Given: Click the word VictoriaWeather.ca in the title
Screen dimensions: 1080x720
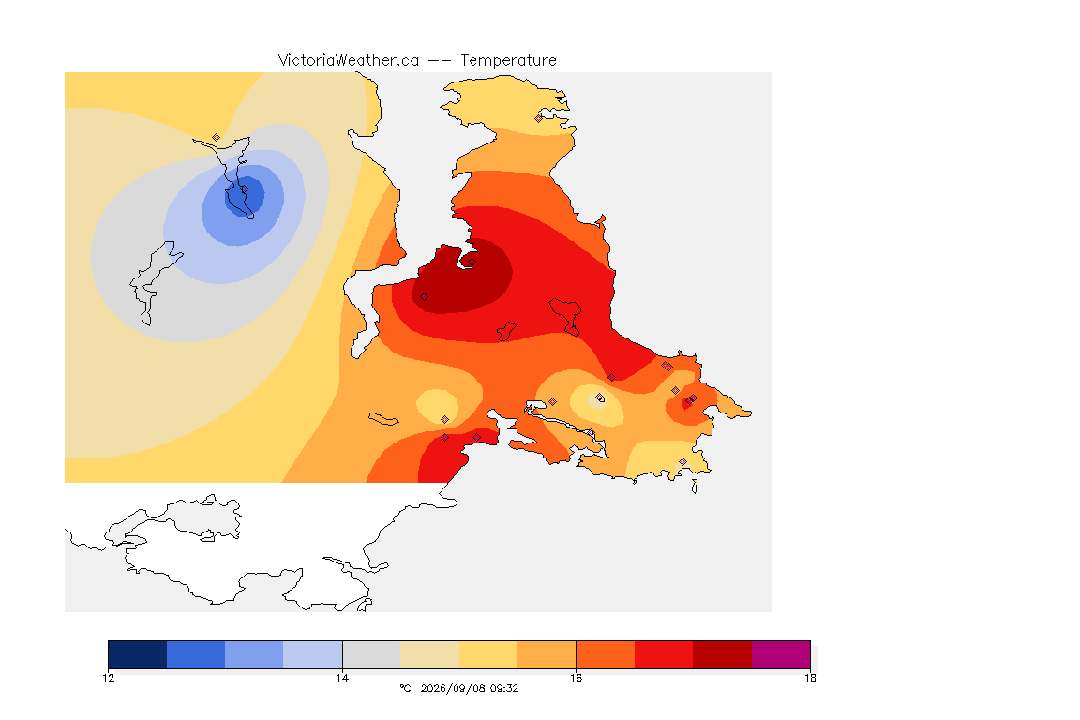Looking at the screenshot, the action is [349, 61].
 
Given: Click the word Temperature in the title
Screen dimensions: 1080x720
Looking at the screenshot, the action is [508, 61].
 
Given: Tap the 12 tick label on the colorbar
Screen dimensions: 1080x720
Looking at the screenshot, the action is [108, 678].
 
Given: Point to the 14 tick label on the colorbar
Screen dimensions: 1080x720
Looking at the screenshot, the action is [342, 678].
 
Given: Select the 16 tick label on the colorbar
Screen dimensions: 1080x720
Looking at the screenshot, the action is [576, 678].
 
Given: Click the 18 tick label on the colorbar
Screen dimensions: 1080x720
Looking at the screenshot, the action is [810, 678].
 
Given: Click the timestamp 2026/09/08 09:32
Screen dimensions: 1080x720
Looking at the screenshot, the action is [469, 688].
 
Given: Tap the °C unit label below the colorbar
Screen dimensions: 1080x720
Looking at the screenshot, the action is [405, 688].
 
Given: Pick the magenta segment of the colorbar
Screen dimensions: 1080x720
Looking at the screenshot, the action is [781, 654].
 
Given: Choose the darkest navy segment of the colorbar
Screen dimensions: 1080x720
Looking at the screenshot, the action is [138, 654].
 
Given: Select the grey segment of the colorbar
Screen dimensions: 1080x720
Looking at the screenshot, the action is [372, 654].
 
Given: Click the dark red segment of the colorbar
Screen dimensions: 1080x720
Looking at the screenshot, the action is [723, 654].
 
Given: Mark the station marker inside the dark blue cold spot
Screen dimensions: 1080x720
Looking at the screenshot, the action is [244, 188].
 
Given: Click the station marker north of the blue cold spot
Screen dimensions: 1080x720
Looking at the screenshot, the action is [217, 138].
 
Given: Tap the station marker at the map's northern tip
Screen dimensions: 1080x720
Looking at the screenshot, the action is [539, 118].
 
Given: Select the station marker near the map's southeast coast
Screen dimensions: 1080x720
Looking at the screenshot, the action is [682, 461].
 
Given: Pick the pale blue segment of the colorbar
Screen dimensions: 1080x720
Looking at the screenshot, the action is [313, 654].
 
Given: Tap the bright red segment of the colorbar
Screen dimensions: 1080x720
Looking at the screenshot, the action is [664, 654].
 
